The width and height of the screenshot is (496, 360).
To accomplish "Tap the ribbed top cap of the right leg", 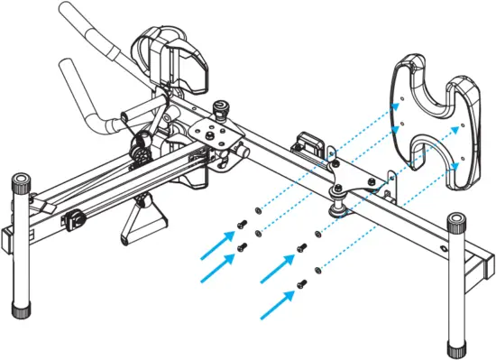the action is (x=455, y=222).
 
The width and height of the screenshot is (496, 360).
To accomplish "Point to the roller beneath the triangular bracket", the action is (x=340, y=208).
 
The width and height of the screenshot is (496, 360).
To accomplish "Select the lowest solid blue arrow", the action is (x=276, y=304).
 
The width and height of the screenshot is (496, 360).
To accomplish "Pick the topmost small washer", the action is (x=259, y=209).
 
